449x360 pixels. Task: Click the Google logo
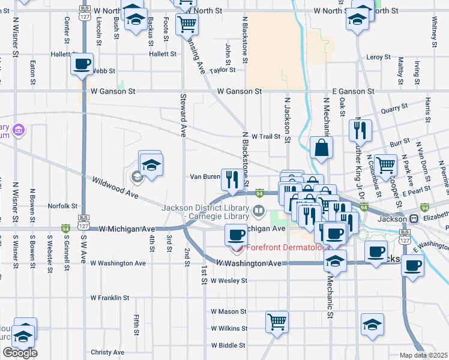point(20,353)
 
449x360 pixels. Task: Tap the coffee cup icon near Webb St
point(82,64)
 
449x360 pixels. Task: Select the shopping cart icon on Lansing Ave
point(187,24)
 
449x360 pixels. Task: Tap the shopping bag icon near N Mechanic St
point(322,148)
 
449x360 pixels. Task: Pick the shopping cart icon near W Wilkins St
point(277,322)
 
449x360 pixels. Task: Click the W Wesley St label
point(229,280)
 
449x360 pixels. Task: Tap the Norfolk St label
point(63,205)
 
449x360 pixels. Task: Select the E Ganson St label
point(353,91)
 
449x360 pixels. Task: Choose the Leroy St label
point(378,57)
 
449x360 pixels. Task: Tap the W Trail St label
point(266,136)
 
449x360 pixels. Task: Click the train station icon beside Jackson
point(414,218)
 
